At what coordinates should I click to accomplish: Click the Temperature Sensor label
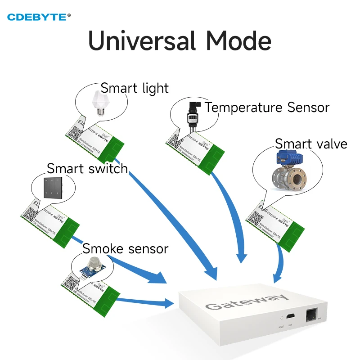267,108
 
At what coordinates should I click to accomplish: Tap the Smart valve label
311,144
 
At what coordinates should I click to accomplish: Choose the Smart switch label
87,169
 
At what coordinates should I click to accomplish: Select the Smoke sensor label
125,248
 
